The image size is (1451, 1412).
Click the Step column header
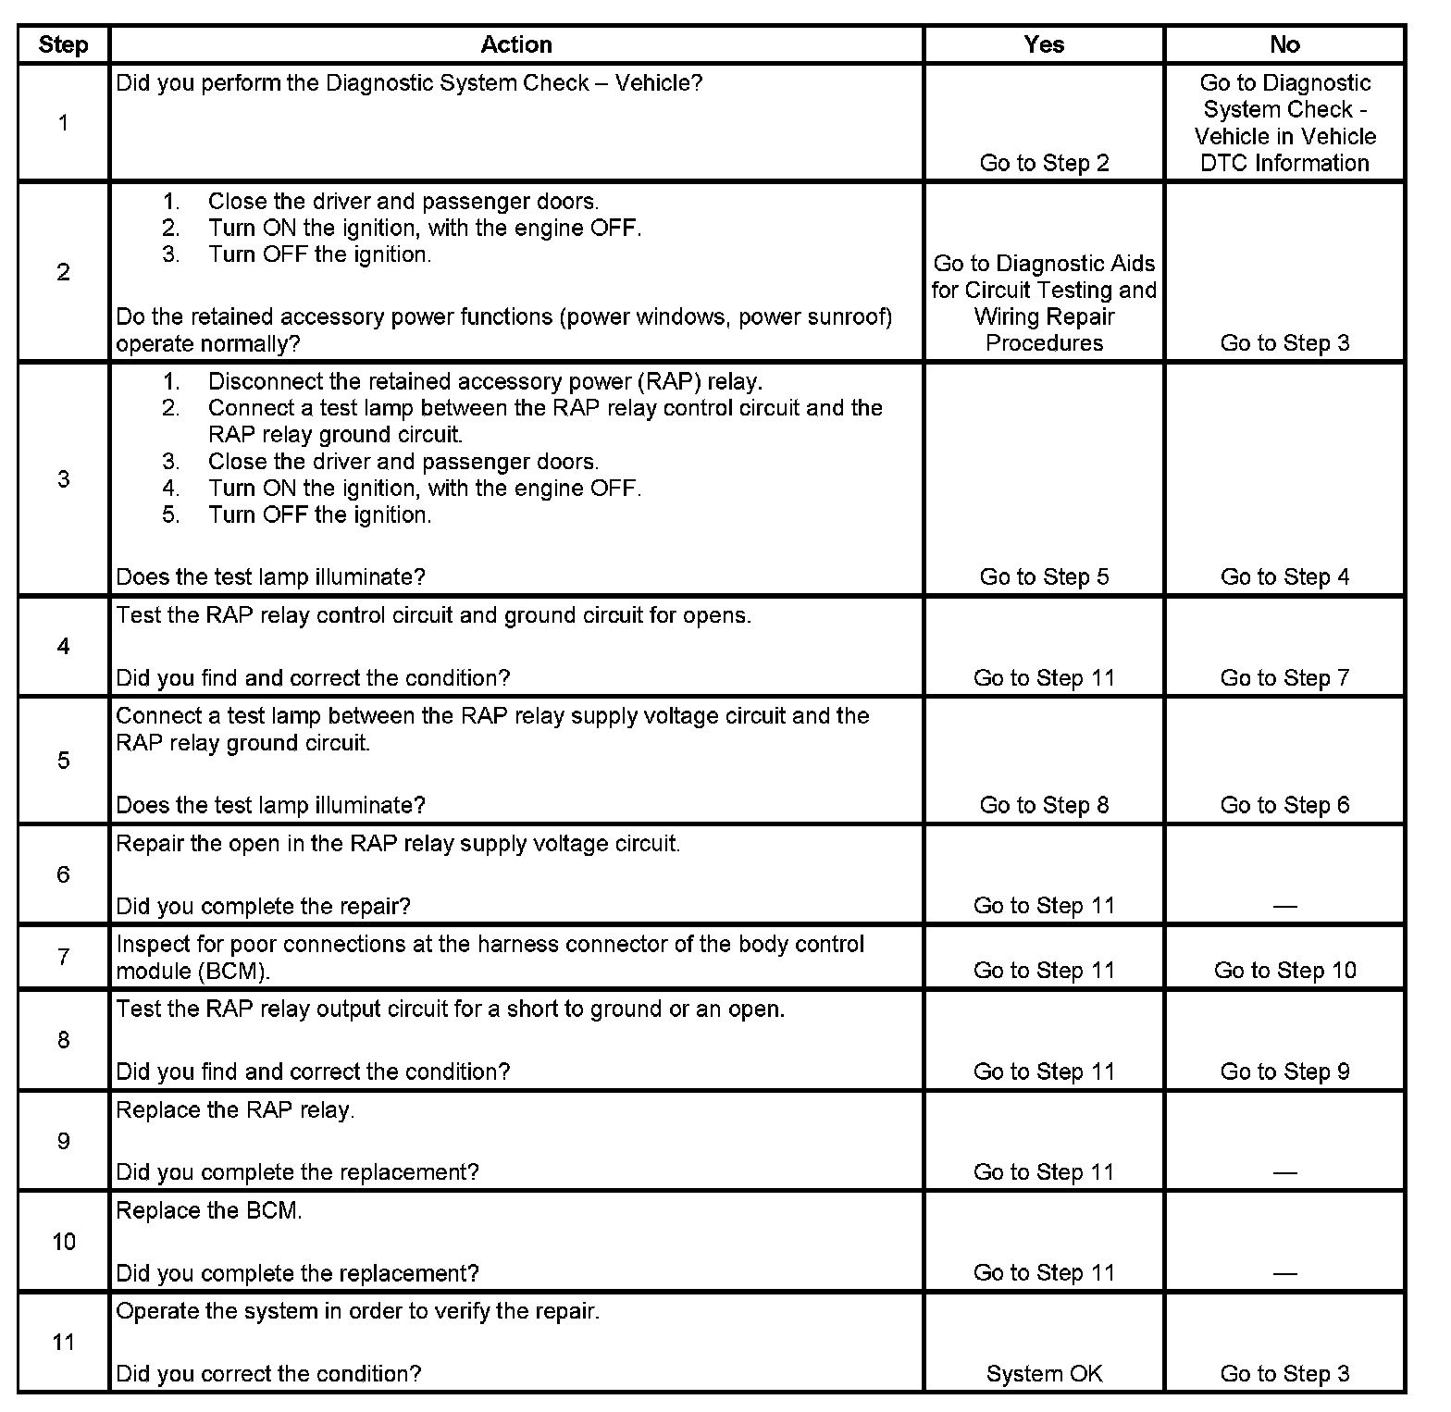pos(63,44)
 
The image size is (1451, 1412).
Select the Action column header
pos(516,44)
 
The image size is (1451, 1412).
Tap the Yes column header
pos(1044,44)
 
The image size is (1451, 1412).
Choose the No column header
pos(1284,44)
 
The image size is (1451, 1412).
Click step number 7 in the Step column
pos(63,956)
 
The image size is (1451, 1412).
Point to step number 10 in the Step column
pos(63,1241)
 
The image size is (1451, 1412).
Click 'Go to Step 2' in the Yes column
pos(1044,163)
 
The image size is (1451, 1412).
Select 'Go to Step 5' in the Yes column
pos(1044,576)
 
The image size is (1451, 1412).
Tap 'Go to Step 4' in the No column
pos(1284,576)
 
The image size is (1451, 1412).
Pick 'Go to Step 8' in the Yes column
pos(1044,805)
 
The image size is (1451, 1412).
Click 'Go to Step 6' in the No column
pos(1284,805)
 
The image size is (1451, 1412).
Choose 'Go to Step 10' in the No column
pos(1284,970)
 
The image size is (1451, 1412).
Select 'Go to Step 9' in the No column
pos(1284,1071)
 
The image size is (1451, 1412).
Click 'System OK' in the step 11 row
pos(1044,1374)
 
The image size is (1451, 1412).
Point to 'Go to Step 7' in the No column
pos(1284,677)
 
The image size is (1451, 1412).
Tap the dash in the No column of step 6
pos(1284,906)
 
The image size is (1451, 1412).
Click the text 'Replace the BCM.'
pos(209,1210)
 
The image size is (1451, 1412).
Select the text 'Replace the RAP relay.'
pos(235,1109)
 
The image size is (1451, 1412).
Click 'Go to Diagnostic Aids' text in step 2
pos(1044,264)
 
